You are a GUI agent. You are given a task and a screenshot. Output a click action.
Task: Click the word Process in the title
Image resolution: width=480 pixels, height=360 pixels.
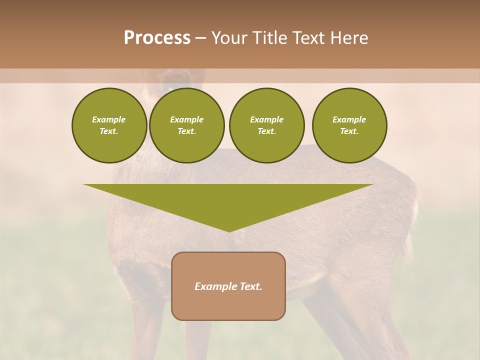(x=157, y=38)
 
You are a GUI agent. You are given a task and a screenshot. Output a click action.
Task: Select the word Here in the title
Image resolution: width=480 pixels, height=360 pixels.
(x=349, y=38)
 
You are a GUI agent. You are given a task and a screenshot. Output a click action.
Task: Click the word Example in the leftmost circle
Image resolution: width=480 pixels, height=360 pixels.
(x=109, y=119)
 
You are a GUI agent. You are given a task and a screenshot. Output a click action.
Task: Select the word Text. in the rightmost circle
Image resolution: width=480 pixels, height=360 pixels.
(x=349, y=131)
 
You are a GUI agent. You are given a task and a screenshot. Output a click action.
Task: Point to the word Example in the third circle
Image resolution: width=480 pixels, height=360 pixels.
(x=267, y=119)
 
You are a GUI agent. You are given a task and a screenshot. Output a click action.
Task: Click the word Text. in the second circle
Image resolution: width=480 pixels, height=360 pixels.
(x=187, y=131)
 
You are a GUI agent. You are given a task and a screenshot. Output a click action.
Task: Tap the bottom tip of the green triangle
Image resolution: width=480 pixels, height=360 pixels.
(x=229, y=231)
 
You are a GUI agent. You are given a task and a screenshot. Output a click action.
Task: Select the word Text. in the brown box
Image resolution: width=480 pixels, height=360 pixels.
(x=250, y=286)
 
